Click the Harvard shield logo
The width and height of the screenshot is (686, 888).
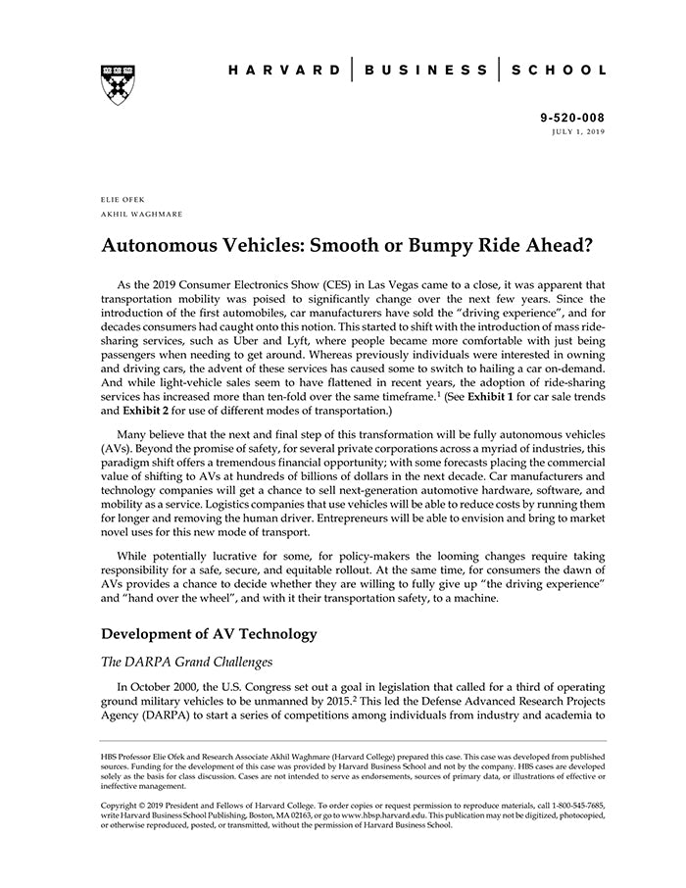tap(118, 84)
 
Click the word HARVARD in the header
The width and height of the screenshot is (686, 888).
tap(285, 71)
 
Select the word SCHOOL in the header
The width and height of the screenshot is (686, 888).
tap(560, 71)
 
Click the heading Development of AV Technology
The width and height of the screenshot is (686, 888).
tap(210, 633)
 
